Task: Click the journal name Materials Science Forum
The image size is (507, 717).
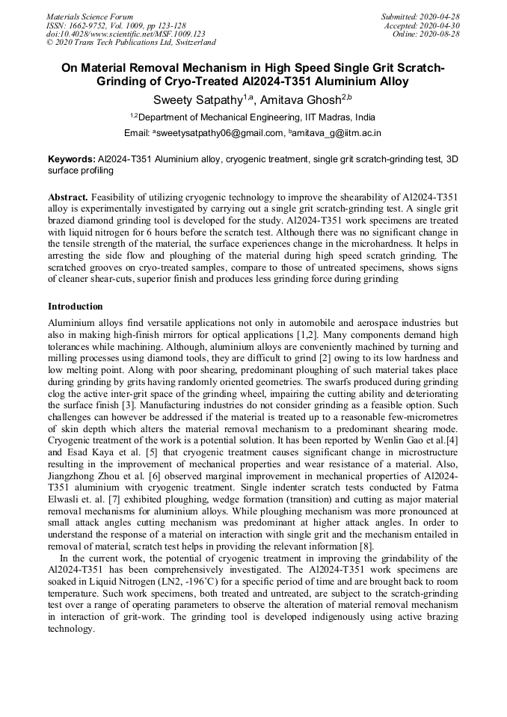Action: [90, 16]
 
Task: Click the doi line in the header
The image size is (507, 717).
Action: [126, 34]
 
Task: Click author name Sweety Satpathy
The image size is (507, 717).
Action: [196, 99]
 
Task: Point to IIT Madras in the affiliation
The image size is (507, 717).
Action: [324, 117]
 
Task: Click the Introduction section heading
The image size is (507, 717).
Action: [76, 307]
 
